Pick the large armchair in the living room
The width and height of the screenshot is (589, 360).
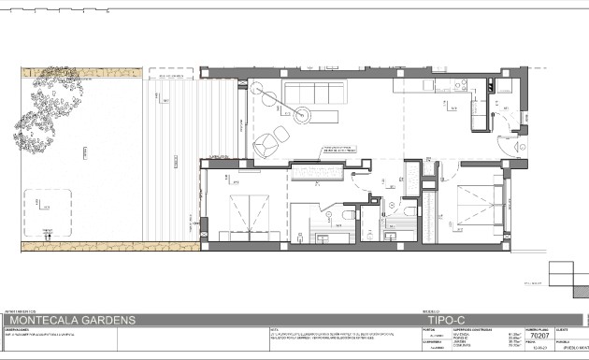tap(268, 143)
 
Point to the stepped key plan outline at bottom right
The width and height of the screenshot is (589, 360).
tap(565, 277)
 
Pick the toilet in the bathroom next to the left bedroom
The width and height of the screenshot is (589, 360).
tap(347, 216)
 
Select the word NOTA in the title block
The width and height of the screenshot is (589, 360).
tap(273, 329)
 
